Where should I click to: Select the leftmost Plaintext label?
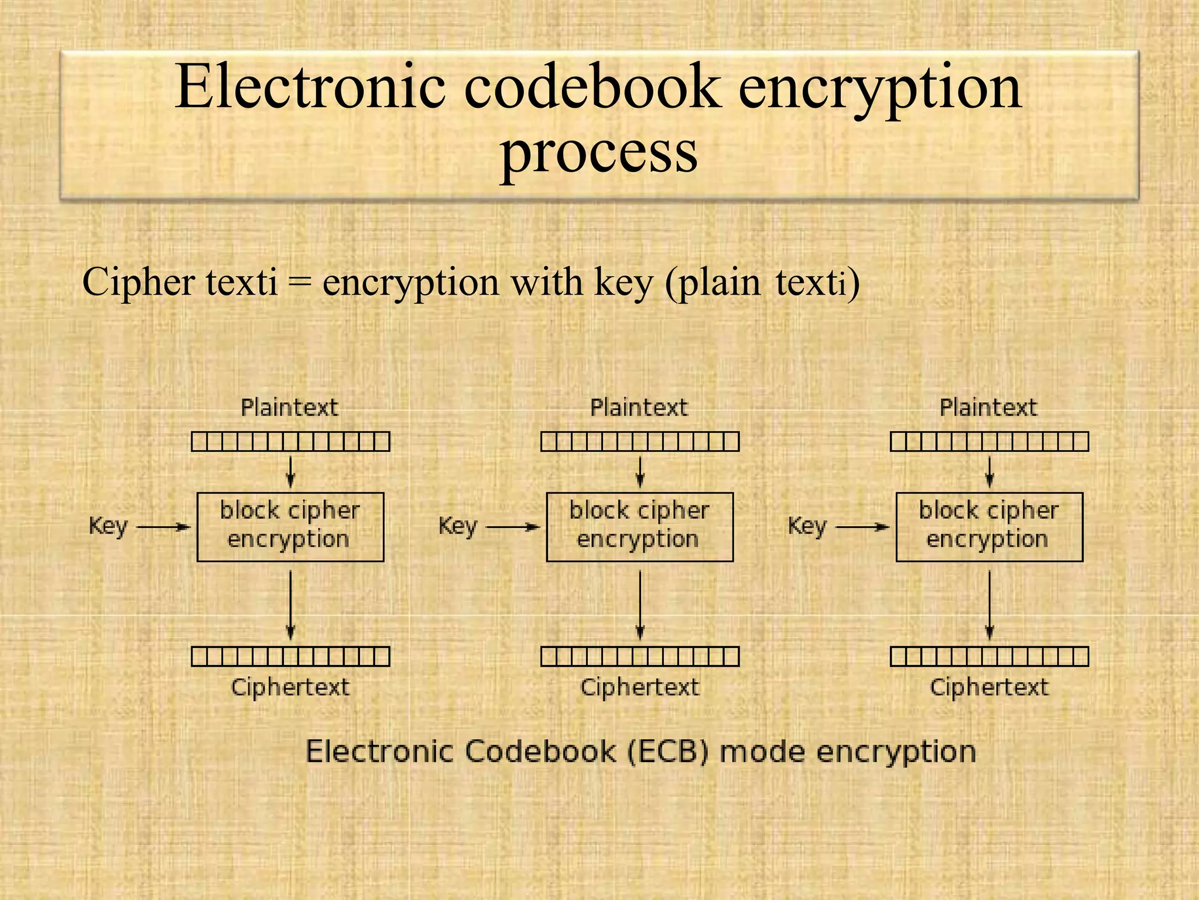tap(290, 407)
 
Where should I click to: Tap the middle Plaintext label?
tap(639, 407)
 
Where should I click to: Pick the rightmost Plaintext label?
tap(988, 407)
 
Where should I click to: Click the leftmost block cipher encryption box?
tap(290, 527)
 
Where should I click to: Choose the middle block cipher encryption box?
tap(639, 527)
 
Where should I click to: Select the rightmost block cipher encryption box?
tap(989, 527)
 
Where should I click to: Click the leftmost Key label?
tap(108, 526)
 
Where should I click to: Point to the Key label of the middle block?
tap(457, 526)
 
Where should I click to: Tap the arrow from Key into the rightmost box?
tap(862, 527)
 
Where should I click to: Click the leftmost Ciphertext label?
tap(290, 687)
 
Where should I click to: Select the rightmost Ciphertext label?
tap(989, 687)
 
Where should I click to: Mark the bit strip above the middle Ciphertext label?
tap(639, 656)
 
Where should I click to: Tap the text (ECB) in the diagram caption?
tap(668, 752)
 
